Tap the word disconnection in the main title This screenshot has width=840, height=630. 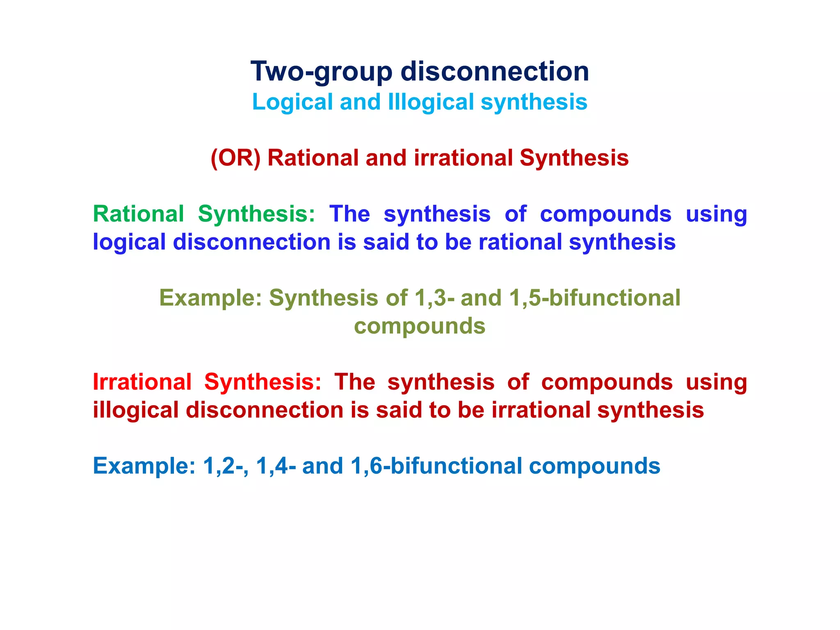point(495,71)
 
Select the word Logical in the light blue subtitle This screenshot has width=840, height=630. point(292,102)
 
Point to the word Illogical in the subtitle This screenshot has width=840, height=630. point(431,102)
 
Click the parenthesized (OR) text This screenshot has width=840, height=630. point(235,158)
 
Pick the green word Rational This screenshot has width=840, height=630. point(139,214)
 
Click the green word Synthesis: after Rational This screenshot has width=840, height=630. point(257,214)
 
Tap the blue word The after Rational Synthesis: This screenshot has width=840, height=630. point(349,214)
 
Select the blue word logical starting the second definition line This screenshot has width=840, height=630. point(129,242)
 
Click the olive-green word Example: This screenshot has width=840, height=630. point(210,298)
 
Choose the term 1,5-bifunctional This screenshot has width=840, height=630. point(594,298)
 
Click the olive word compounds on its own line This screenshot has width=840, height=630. point(420,326)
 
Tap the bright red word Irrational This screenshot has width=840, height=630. point(142,382)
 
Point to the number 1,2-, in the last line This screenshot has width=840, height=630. point(225,466)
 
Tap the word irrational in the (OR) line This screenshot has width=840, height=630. point(463,158)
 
